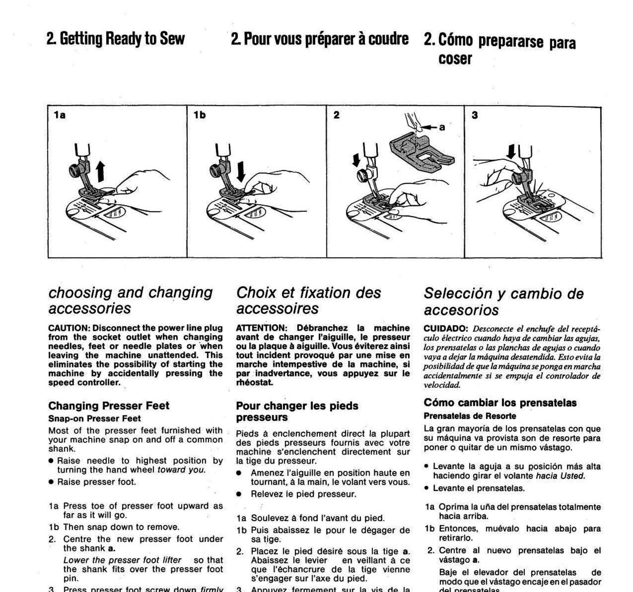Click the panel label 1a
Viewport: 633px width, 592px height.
[59, 115]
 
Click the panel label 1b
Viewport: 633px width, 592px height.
[199, 115]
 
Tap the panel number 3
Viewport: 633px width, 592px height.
[474, 115]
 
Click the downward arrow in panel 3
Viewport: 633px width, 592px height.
[511, 152]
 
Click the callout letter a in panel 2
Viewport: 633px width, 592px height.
[442, 127]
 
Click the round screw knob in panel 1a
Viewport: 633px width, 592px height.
[75, 170]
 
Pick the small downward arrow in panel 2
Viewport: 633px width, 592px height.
[356, 160]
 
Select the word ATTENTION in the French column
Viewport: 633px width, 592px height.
[261, 328]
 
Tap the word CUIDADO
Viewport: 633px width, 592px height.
[446, 329]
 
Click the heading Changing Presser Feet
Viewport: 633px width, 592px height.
[109, 406]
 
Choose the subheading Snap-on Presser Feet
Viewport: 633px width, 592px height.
[94, 418]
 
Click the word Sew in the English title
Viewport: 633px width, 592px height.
[172, 39]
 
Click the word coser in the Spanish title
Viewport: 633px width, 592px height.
[455, 59]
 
